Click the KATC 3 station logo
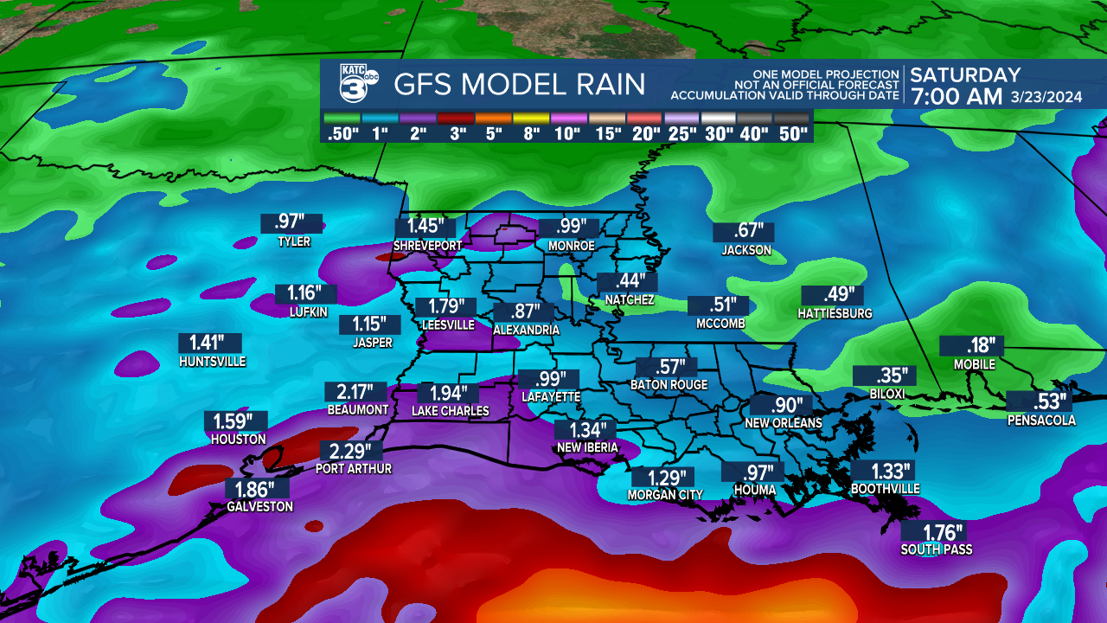point(358,84)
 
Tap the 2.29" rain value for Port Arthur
point(350,451)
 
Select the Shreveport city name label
point(427,246)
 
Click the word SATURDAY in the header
point(965,75)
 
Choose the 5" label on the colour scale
point(495,134)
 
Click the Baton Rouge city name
point(669,385)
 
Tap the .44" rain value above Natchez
point(627,282)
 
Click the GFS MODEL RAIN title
point(519,85)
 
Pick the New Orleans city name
point(783,423)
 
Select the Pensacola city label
point(1041,421)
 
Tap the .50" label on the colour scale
point(343,134)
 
